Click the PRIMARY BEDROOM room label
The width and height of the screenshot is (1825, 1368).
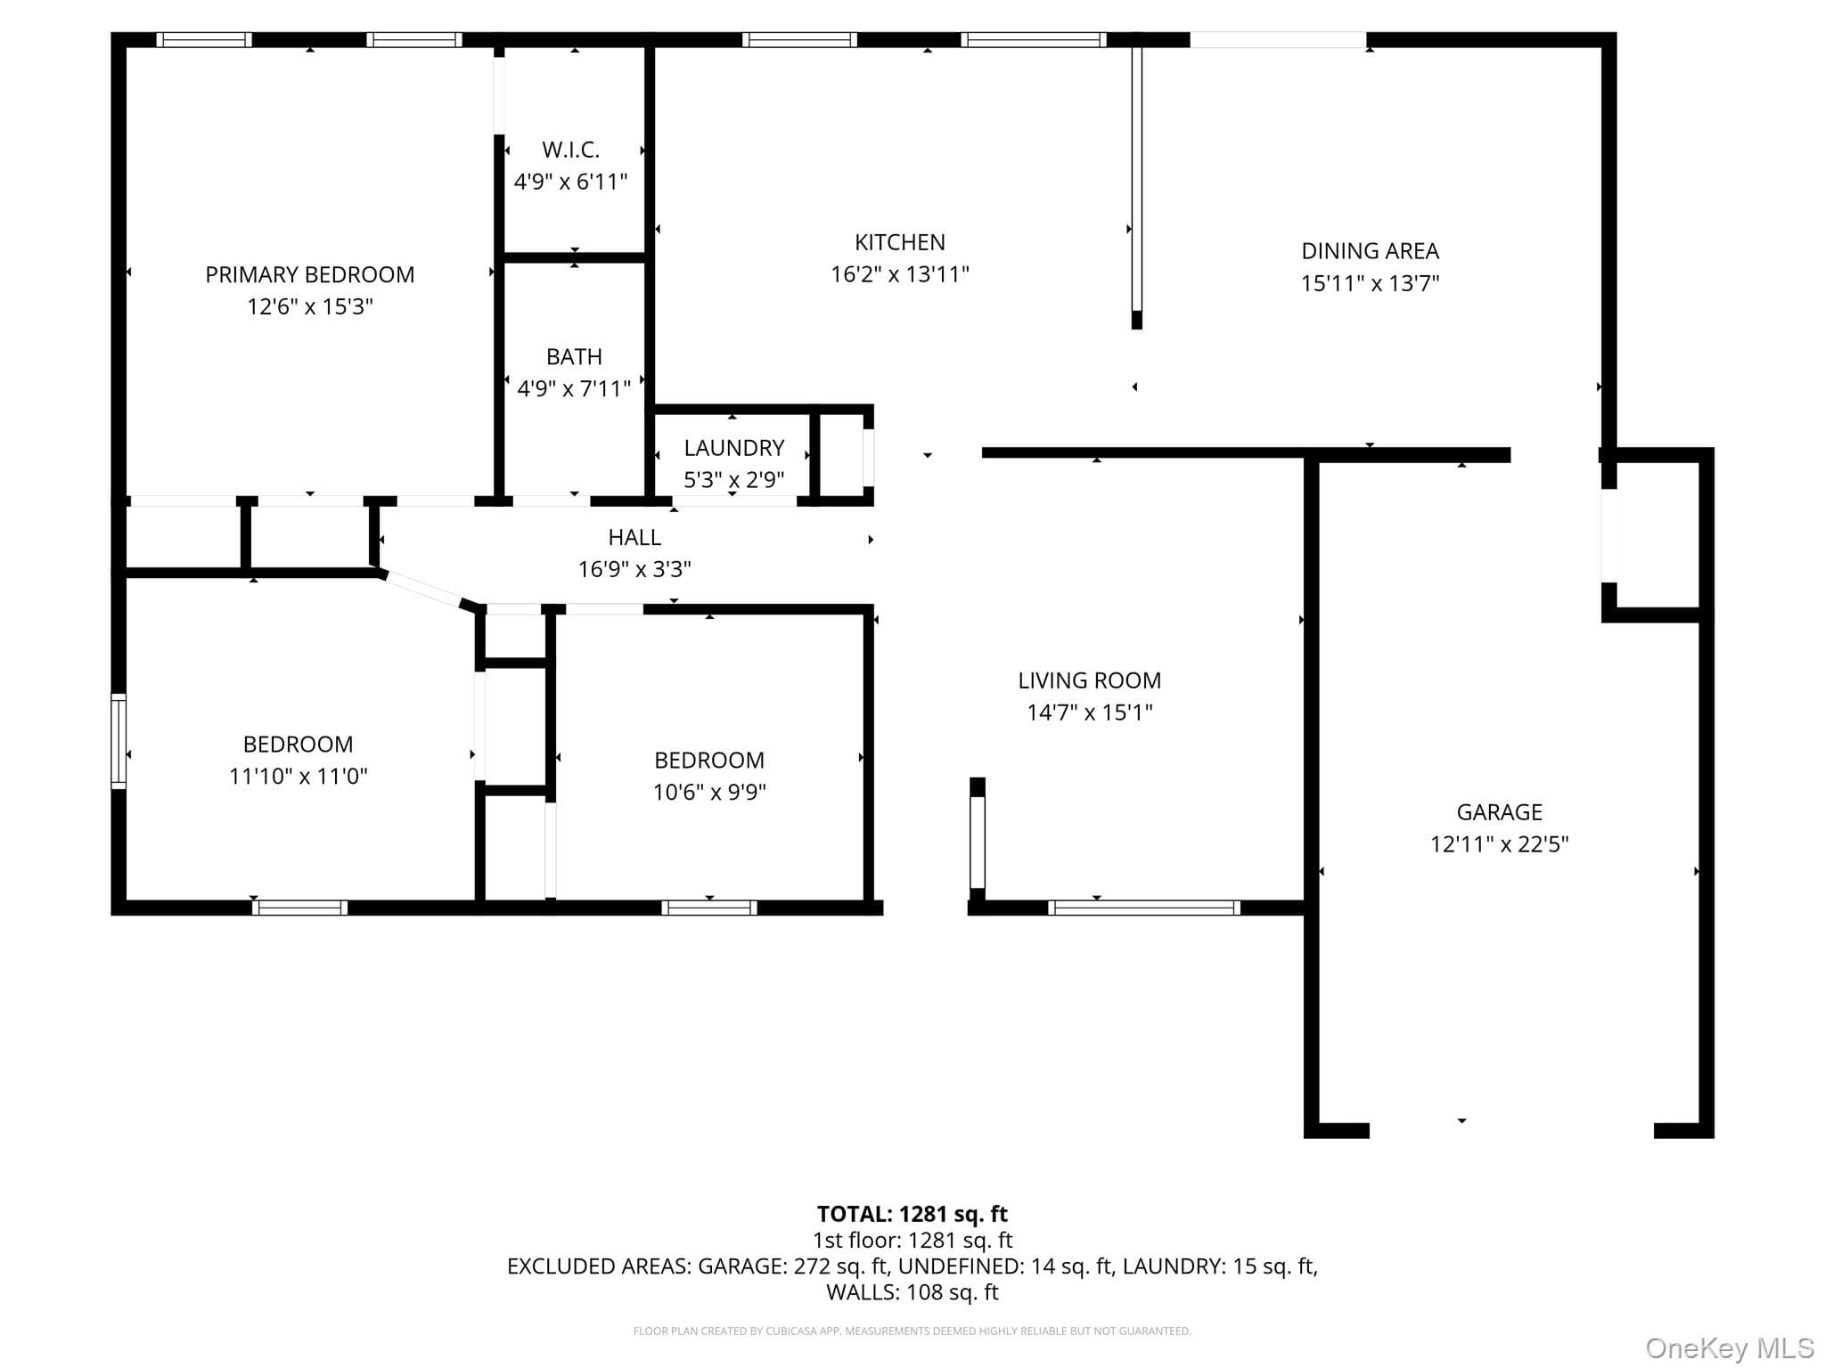(310, 275)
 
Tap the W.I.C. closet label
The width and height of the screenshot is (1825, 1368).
(570, 150)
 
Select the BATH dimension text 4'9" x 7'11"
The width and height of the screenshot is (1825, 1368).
(574, 388)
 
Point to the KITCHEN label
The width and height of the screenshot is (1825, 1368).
(900, 242)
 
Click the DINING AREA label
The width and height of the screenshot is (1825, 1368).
(1370, 251)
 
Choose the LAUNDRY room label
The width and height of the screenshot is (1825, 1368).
(734, 448)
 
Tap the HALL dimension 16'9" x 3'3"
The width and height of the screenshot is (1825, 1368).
(634, 569)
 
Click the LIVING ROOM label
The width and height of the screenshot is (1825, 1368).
(1090, 680)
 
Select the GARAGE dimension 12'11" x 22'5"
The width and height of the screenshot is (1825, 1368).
(1500, 844)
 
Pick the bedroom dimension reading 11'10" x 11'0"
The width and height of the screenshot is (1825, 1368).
(299, 777)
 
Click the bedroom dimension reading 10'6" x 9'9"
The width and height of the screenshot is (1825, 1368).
(709, 793)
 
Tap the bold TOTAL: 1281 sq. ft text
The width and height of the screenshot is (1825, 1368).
(912, 1214)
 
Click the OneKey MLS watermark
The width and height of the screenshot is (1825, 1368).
(1730, 1348)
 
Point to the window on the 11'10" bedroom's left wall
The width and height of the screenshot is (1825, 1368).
(118, 741)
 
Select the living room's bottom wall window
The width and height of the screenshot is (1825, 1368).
(1144, 908)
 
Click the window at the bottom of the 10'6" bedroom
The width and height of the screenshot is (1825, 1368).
(709, 908)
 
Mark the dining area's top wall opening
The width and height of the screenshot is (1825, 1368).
(1278, 40)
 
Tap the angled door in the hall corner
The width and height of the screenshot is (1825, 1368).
(423, 590)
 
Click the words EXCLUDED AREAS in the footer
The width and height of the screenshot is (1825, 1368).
(599, 1266)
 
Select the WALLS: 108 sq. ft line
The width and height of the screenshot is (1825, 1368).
(912, 1292)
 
